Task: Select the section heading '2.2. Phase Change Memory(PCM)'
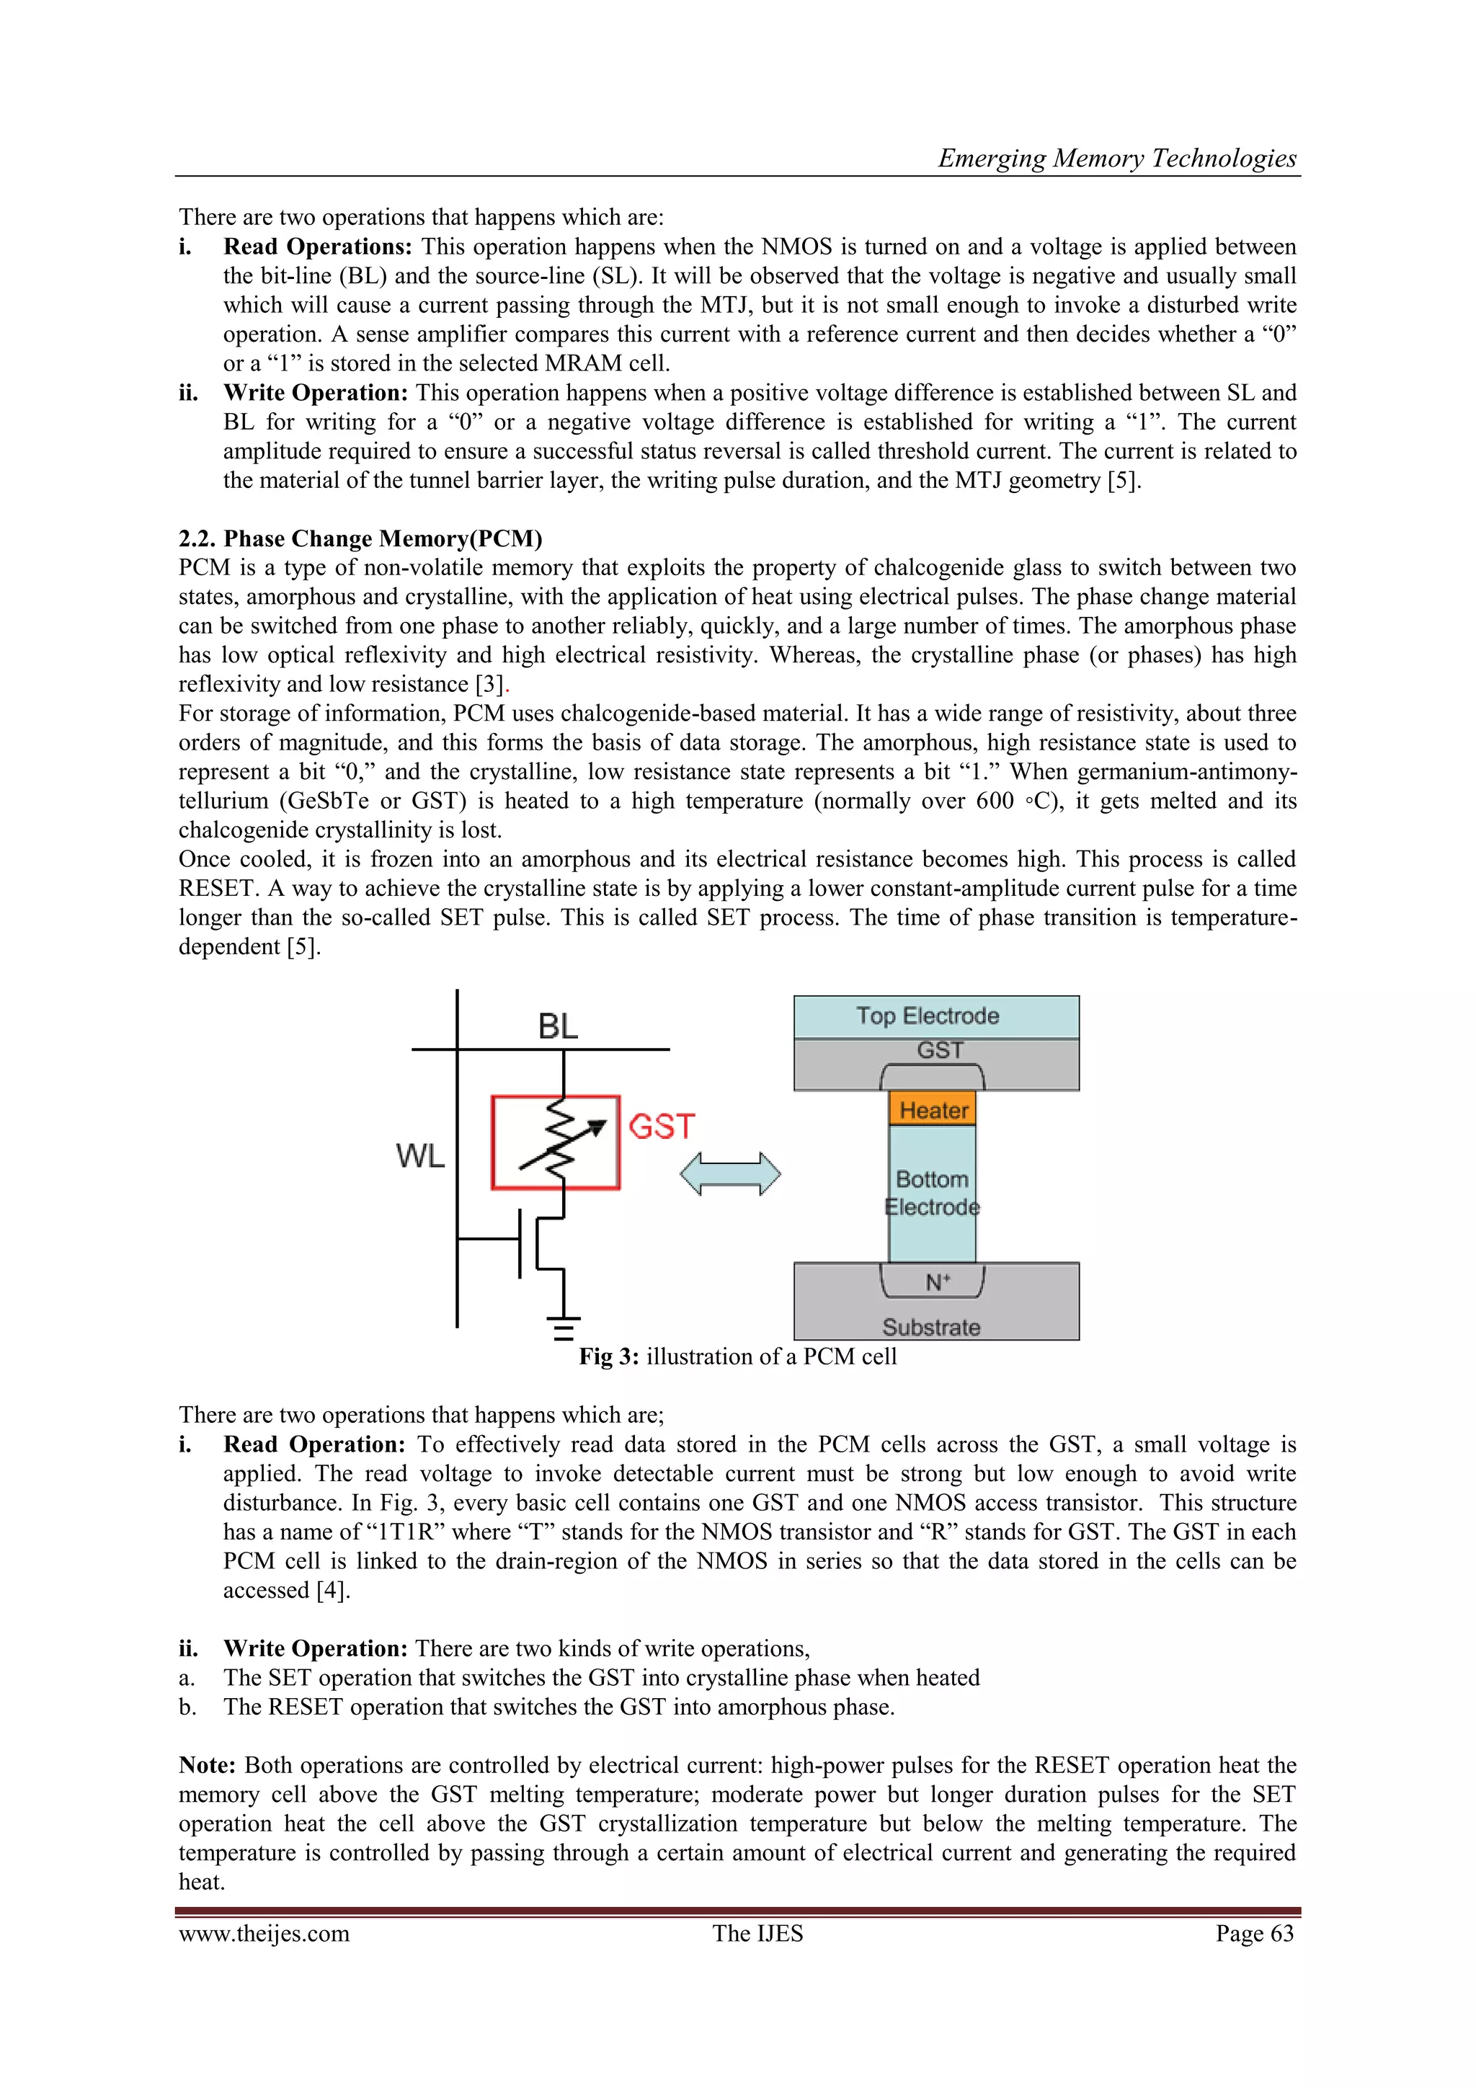[x=360, y=538]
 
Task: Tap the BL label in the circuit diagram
[x=558, y=1027]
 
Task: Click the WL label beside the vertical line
[x=420, y=1156]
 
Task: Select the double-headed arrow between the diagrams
[x=729, y=1173]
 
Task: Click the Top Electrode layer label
[x=927, y=1016]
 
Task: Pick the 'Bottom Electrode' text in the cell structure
[x=932, y=1192]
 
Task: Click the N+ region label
[x=937, y=1282]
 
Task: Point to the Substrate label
[x=930, y=1327]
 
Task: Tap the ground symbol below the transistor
[x=564, y=1328]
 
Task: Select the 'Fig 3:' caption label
[x=609, y=1357]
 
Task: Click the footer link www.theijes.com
[x=264, y=1934]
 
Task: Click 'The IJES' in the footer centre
[x=757, y=1934]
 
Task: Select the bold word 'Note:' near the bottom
[x=208, y=1765]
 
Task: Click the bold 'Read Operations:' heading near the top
[x=317, y=246]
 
